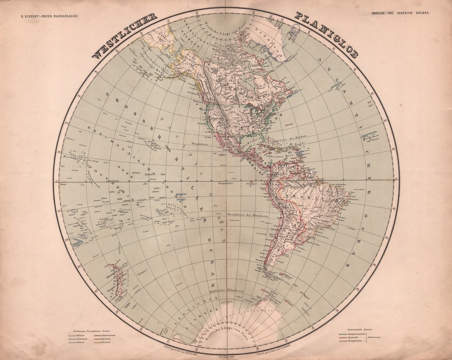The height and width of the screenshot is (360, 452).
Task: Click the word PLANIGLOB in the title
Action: pyautogui.click(x=326, y=35)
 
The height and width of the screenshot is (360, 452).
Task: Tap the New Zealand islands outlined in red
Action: pyautogui.click(x=117, y=280)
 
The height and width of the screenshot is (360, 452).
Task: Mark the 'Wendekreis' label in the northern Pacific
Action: pyautogui.click(x=200, y=144)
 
